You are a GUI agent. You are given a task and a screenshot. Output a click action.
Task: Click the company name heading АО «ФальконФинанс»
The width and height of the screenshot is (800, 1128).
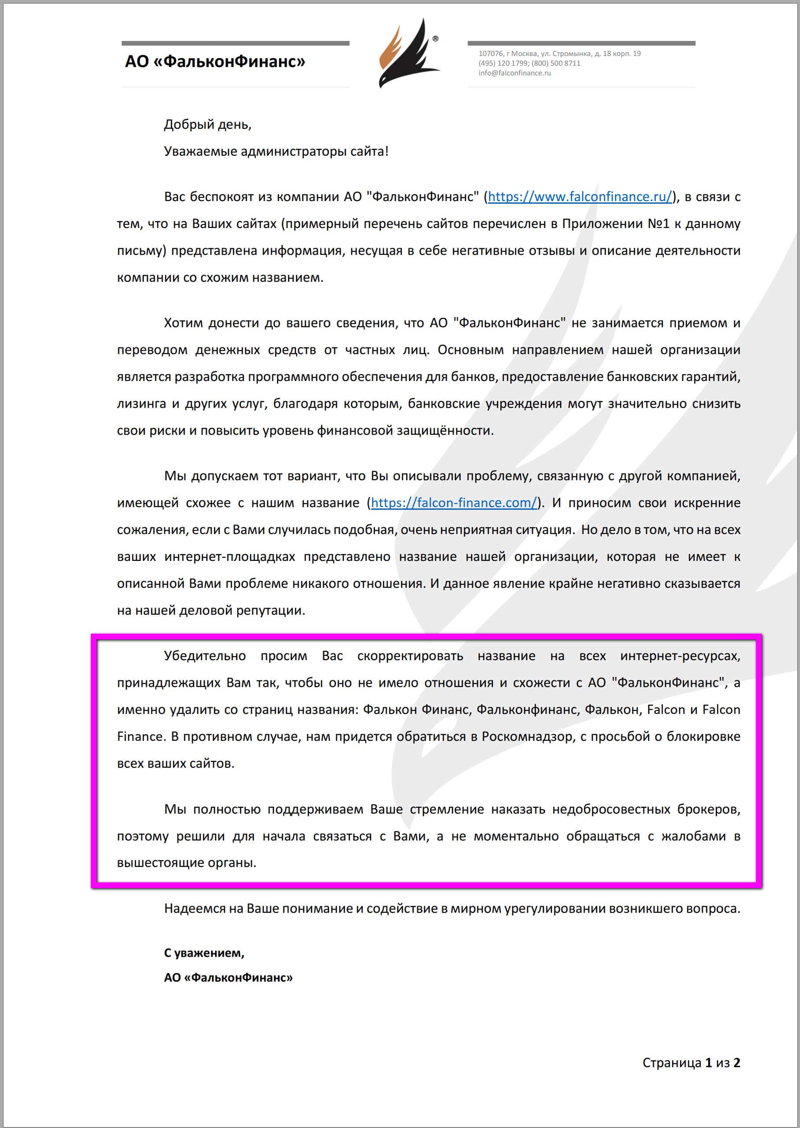click(215, 62)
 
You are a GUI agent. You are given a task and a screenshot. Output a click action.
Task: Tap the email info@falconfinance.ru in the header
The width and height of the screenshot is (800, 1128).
click(514, 73)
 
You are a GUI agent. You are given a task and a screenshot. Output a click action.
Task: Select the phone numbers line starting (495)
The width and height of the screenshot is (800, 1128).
click(529, 63)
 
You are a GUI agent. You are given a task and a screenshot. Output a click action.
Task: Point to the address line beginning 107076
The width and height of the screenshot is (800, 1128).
click(559, 53)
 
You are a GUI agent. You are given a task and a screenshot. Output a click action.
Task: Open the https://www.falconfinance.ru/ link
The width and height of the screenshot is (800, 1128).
click(579, 197)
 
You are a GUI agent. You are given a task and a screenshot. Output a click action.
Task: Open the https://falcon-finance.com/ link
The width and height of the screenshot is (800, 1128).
click(453, 503)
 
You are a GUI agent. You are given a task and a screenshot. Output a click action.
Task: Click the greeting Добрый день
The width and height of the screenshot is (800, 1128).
click(208, 125)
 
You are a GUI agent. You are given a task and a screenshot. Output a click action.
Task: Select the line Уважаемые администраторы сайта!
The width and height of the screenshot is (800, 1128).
click(276, 151)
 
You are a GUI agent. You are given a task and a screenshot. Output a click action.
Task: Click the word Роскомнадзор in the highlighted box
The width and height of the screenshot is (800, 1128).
click(527, 736)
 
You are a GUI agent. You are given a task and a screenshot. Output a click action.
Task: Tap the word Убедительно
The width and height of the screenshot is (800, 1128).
click(205, 656)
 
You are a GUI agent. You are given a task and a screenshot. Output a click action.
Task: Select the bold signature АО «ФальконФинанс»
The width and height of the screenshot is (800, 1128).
click(228, 977)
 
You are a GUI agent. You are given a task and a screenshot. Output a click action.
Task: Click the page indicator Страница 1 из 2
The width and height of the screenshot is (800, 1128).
click(691, 1062)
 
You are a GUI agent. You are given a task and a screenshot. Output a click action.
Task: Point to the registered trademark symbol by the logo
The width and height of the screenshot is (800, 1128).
click(435, 38)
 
